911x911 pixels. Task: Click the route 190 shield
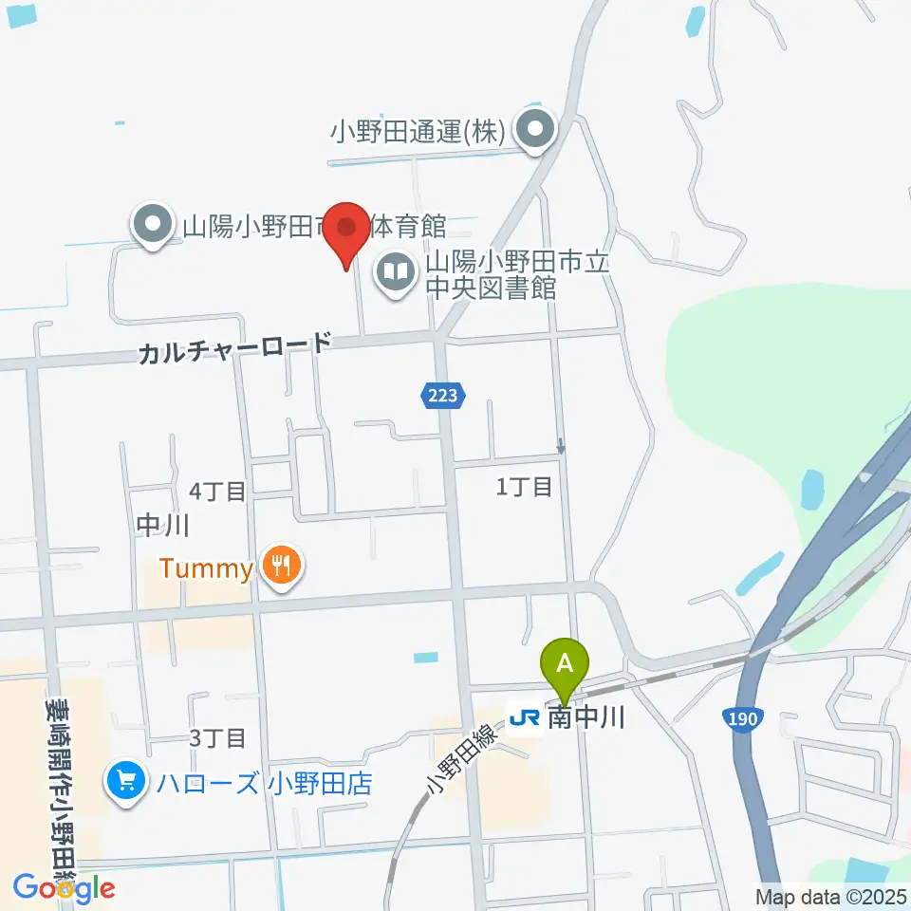[742, 718]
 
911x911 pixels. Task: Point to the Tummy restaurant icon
[281, 567]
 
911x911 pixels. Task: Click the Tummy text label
[206, 568]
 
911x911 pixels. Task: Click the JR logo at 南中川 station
[524, 718]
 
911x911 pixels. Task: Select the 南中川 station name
[586, 718]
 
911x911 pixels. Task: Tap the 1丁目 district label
[525, 488]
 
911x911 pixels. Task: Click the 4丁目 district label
[217, 491]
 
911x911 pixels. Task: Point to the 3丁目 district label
[217, 737]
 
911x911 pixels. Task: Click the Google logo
[65, 887]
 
